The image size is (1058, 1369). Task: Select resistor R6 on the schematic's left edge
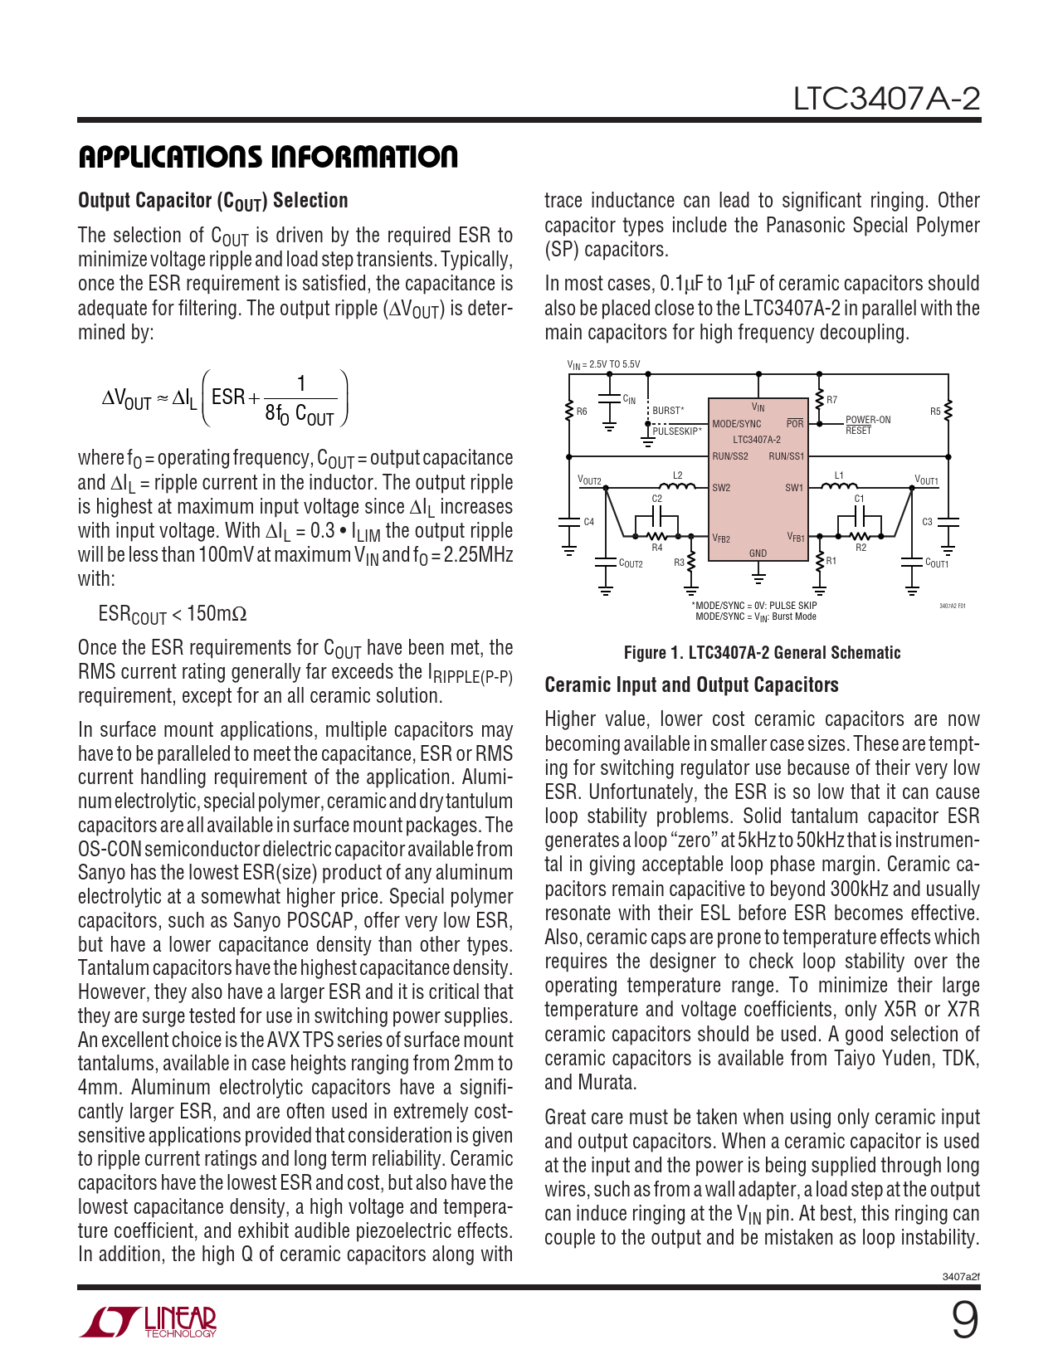click(x=569, y=412)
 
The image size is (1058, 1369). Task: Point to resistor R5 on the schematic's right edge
click(x=948, y=411)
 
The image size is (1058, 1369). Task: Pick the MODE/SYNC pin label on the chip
click(x=736, y=424)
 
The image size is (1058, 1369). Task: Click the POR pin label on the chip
click(x=795, y=424)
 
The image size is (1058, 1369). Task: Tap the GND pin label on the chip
click(x=758, y=553)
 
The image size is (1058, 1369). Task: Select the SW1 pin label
click(x=794, y=488)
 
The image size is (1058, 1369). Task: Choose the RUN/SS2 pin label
click(x=730, y=456)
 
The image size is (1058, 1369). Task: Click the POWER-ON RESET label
click(x=867, y=425)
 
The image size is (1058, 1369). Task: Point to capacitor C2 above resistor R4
click(x=657, y=516)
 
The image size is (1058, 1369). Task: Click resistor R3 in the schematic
click(x=690, y=563)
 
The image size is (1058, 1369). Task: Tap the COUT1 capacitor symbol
click(x=913, y=563)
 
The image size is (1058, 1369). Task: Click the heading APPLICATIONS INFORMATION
click(x=268, y=157)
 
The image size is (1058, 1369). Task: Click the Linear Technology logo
click(x=149, y=1322)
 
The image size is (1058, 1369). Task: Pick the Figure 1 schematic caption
click(x=762, y=653)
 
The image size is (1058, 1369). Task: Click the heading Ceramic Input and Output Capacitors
click(x=691, y=685)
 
